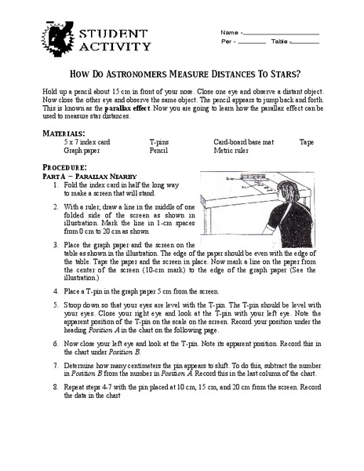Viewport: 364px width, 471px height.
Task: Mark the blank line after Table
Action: (x=306, y=42)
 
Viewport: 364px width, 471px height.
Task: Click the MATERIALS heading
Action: (x=64, y=134)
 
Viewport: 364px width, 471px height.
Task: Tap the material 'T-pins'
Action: (x=159, y=143)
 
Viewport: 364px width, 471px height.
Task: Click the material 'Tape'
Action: (x=306, y=143)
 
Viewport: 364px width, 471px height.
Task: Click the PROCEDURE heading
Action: (x=64, y=168)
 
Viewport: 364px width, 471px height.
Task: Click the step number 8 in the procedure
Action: (x=56, y=409)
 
